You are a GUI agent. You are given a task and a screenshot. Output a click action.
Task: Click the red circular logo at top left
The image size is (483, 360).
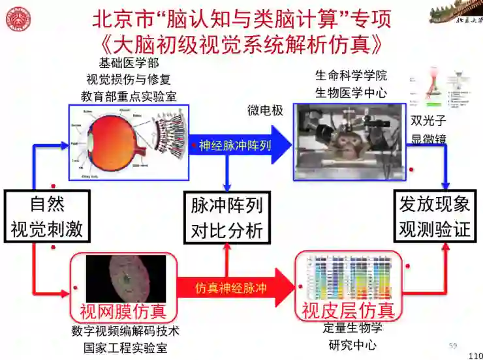coord(18,19)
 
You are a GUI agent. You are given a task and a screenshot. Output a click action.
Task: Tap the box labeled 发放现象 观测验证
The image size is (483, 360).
coord(435,216)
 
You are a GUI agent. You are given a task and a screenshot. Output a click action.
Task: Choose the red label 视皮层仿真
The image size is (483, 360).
coord(348,310)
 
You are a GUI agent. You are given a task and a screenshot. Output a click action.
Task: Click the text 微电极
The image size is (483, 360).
coord(265,110)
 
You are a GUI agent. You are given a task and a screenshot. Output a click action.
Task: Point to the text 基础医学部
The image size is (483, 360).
coord(129,63)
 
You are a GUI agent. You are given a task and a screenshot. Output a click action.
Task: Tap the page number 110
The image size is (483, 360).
coord(475,355)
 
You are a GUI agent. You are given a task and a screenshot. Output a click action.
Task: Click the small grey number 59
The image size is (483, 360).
coord(453,345)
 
